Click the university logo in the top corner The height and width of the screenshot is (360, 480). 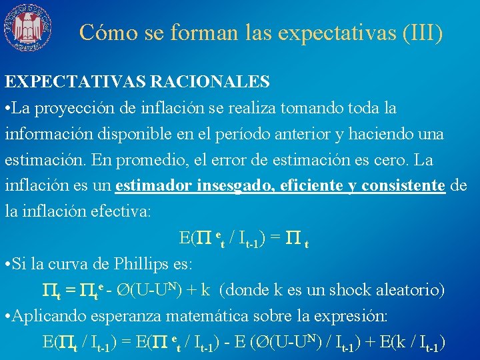[x=27, y=27]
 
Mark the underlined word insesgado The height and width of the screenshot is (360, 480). [x=234, y=186]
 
